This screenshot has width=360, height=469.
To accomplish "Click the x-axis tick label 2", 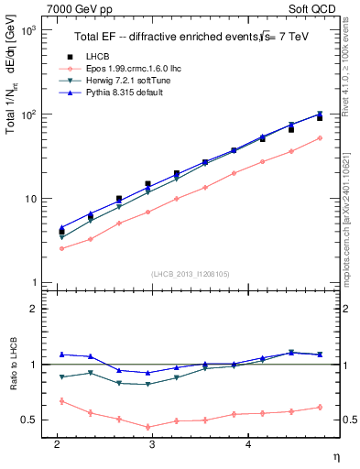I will [x=57, y=443].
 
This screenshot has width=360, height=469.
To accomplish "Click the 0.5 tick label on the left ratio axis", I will [x=29, y=420].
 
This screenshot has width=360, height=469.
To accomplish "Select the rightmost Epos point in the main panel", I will [x=319, y=138].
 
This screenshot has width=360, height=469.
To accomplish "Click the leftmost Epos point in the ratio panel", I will [x=61, y=400].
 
